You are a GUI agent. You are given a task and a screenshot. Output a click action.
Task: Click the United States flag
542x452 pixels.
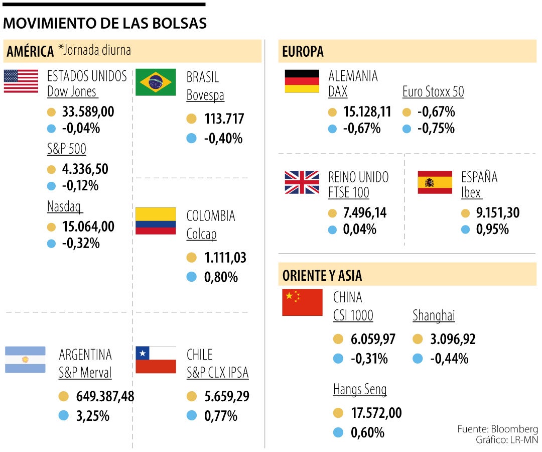(x=21, y=81)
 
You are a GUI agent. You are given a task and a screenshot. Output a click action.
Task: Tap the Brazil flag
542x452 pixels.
(x=156, y=82)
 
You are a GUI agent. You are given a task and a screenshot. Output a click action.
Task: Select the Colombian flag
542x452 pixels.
(x=156, y=221)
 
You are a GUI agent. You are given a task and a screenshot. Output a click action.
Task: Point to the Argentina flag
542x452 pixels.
(x=25, y=360)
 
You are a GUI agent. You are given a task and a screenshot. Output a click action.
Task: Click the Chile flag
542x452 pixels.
(x=156, y=360)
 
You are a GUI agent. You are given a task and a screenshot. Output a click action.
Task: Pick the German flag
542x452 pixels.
(x=302, y=81)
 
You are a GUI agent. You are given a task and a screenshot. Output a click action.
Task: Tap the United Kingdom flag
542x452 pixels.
(x=302, y=182)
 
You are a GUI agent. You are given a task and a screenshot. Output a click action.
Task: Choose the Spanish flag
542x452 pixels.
(x=435, y=182)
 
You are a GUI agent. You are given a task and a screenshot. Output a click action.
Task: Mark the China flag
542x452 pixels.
(x=302, y=302)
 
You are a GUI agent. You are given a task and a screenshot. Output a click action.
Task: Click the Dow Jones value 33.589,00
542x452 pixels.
(x=88, y=111)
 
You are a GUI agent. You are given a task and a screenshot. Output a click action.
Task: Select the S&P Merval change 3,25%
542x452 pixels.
(x=92, y=416)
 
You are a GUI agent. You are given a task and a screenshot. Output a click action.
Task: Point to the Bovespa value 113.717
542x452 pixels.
(x=224, y=119)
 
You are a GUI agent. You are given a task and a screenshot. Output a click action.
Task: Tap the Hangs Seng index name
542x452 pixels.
(x=360, y=389)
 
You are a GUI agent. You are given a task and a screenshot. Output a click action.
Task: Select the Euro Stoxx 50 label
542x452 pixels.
(x=433, y=92)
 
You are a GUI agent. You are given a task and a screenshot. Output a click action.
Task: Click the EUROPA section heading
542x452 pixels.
(x=303, y=51)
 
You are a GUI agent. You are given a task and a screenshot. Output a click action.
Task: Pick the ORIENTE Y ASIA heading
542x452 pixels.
(x=322, y=275)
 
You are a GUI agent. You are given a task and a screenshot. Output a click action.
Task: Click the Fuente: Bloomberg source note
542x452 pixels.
(x=497, y=429)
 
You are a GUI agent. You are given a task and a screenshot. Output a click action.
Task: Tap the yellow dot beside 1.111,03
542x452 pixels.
(x=191, y=258)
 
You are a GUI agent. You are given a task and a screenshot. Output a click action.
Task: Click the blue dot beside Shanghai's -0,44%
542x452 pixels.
(x=418, y=359)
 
